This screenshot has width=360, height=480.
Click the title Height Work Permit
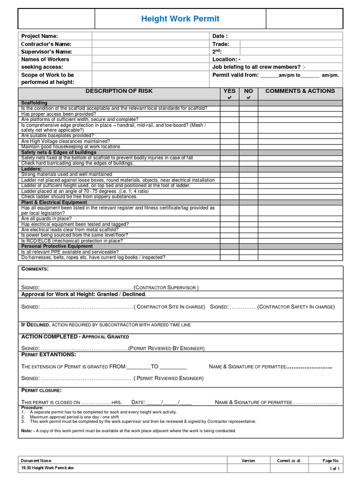[180, 19]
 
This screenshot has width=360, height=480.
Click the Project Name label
[40, 36]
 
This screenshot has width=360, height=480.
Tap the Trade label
[221, 44]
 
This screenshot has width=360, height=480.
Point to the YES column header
[230, 91]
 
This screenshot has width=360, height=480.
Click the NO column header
[248, 91]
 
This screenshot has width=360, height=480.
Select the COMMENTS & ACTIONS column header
[300, 91]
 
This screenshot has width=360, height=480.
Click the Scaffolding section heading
[34, 103]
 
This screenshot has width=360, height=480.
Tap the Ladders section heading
[31, 169]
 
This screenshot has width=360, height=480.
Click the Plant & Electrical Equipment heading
[54, 202]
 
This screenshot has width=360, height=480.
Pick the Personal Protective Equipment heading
[57, 246]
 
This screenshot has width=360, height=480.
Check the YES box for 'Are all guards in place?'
[230, 218]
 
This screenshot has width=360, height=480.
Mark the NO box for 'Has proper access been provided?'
[248, 114]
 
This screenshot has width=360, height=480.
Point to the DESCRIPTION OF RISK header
[119, 91]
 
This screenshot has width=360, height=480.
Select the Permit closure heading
[41, 390]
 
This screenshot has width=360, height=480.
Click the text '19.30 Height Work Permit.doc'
[48, 468]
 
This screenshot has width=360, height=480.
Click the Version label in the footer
[248, 461]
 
